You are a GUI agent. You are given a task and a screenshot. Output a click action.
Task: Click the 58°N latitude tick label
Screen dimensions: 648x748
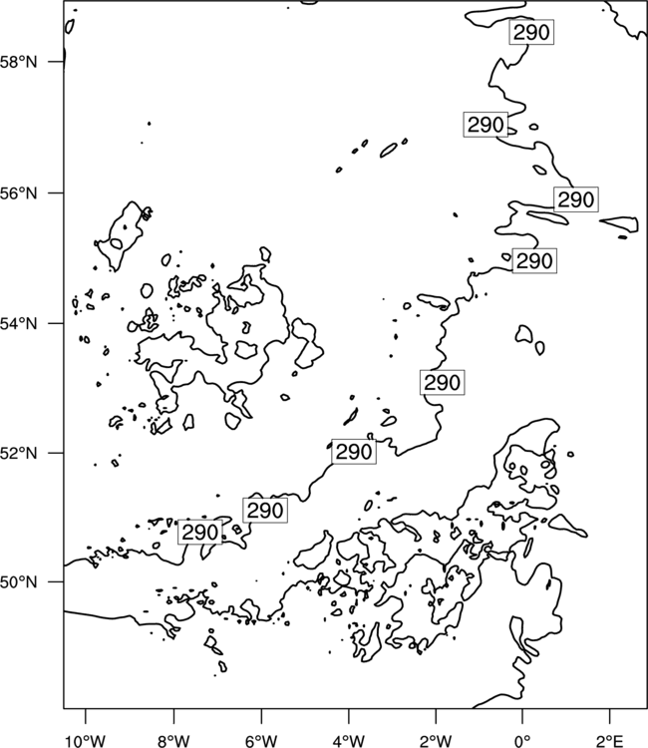[18, 62]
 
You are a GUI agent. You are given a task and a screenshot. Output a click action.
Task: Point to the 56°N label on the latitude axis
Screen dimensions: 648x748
[18, 193]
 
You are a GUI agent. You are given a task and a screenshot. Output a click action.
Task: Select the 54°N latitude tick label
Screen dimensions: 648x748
[18, 323]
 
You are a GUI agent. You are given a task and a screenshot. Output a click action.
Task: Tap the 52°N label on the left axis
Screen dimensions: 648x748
[18, 453]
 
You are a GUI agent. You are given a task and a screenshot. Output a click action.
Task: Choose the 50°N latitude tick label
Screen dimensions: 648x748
[18, 582]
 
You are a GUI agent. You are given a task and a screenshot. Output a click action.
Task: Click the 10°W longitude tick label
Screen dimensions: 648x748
[86, 741]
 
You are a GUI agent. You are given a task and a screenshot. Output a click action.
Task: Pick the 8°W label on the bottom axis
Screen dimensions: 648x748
[173, 741]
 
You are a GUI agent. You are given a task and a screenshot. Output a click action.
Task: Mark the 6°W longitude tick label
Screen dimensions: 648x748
[261, 741]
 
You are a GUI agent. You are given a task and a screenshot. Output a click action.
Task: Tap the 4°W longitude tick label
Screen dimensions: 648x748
[349, 741]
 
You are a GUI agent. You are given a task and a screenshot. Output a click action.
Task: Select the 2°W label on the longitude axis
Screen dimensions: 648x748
[436, 741]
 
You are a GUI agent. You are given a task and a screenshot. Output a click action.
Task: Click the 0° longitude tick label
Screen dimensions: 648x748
[522, 741]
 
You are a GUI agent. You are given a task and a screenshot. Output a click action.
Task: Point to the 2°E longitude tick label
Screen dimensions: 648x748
[610, 741]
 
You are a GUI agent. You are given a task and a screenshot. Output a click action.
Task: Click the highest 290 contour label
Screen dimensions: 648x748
[531, 33]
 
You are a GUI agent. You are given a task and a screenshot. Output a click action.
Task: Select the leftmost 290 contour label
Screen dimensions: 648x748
[200, 532]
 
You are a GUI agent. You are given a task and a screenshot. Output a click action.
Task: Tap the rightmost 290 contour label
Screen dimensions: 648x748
[576, 199]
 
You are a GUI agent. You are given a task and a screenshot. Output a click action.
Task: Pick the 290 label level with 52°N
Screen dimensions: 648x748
[354, 451]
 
